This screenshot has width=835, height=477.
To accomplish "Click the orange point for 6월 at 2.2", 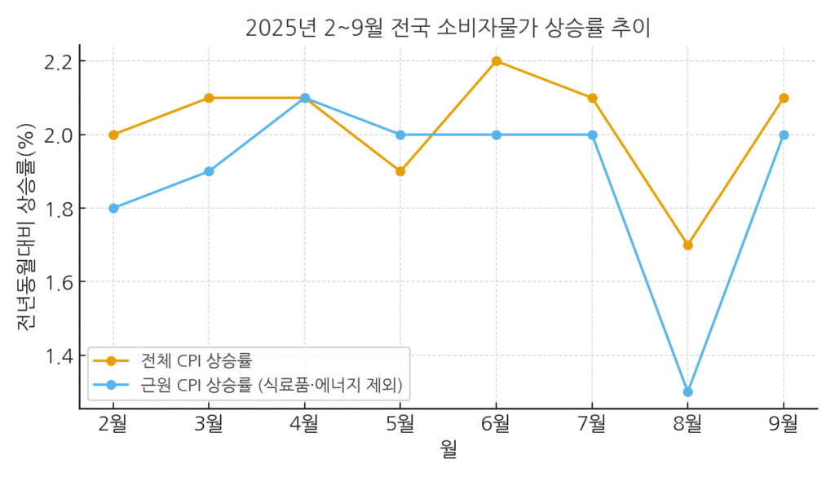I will coord(496,61).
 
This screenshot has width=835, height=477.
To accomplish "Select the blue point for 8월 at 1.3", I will coord(687,392).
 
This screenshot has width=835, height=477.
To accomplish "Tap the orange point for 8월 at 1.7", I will coord(687,245).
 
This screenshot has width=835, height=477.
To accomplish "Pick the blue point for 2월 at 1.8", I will coord(113,208).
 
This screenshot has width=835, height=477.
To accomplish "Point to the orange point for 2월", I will coord(113,135).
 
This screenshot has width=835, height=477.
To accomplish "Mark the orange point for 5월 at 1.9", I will coord(400,171).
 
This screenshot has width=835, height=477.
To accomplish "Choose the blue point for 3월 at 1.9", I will coord(209,171).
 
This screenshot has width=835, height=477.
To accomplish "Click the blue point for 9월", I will coord(784,135).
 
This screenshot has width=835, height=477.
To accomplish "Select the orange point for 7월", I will coord(592,98).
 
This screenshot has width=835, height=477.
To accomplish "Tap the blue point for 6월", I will coord(496,135).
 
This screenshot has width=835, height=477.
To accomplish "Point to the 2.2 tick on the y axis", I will coord(60,61).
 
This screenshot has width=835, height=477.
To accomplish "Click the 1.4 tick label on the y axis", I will coord(60,356).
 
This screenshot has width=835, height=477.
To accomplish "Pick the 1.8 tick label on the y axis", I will coord(60,208).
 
